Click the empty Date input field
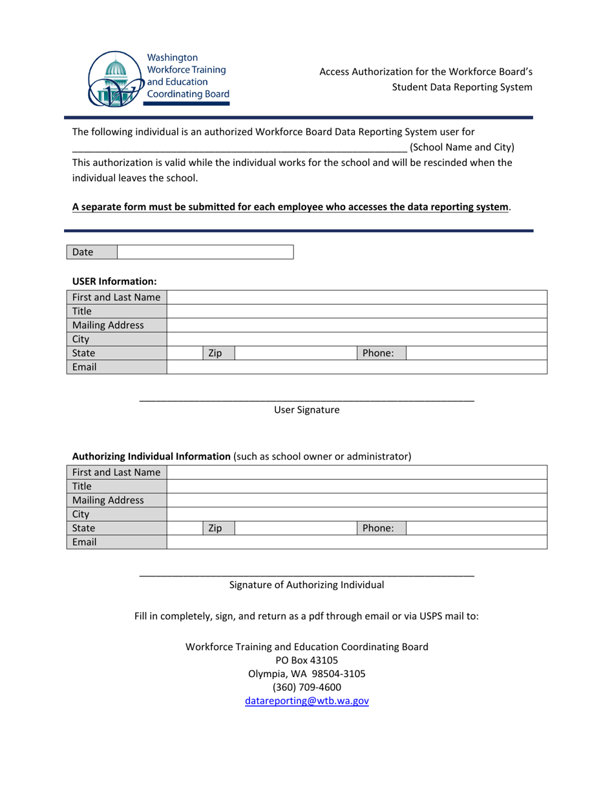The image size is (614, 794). click(206, 252)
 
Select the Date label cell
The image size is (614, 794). click(92, 252)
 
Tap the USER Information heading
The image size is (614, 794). click(114, 281)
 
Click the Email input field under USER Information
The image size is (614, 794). click(357, 367)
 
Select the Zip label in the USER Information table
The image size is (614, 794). click(215, 353)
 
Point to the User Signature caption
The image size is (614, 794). click(307, 410)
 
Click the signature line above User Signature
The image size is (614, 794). click(307, 401)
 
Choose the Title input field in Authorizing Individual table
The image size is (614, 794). click(357, 486)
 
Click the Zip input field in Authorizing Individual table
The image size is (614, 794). click(295, 528)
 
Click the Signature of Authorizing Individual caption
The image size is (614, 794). click(307, 585)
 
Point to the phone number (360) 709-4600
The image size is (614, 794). click(307, 687)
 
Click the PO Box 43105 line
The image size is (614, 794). click(307, 660)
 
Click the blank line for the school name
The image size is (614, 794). click(239, 148)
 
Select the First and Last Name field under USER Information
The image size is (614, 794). click(357, 297)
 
